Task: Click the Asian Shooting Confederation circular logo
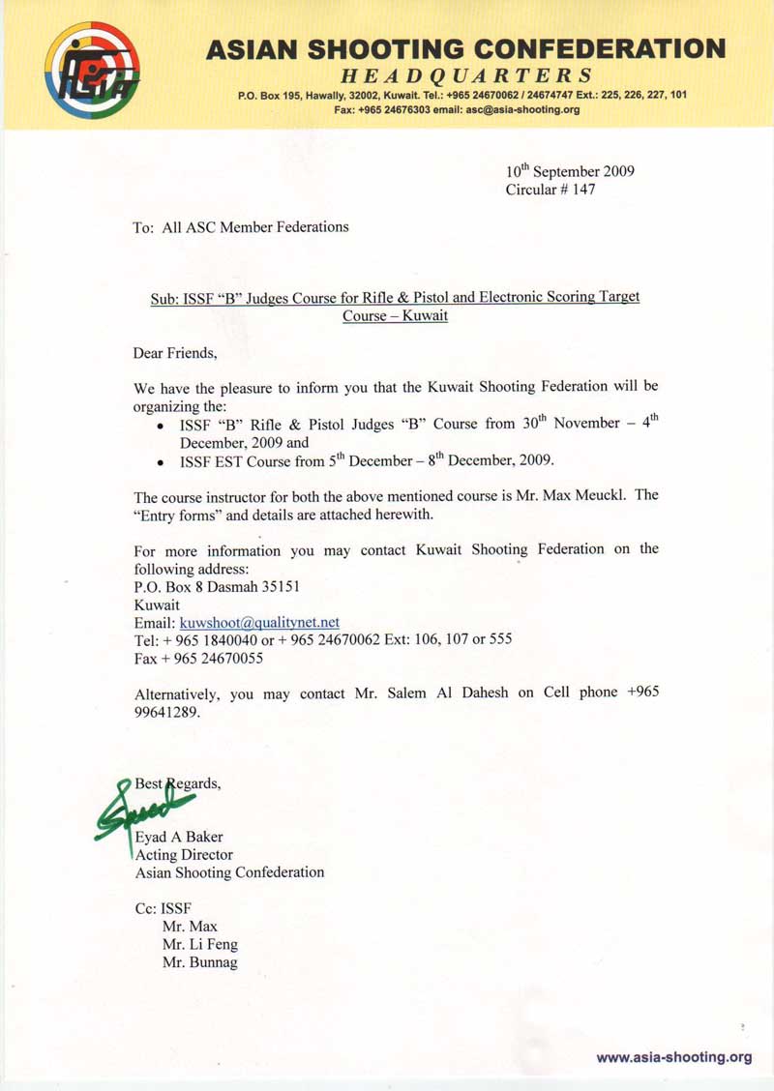(92, 71)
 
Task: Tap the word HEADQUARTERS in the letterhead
(465, 75)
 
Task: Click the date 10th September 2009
(570, 171)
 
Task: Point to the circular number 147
(584, 190)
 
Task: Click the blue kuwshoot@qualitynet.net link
(259, 622)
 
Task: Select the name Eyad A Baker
(179, 837)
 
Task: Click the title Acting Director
(184, 855)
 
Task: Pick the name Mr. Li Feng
(199, 944)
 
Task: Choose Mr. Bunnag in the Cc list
(199, 962)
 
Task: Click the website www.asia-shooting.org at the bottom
(673, 1057)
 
